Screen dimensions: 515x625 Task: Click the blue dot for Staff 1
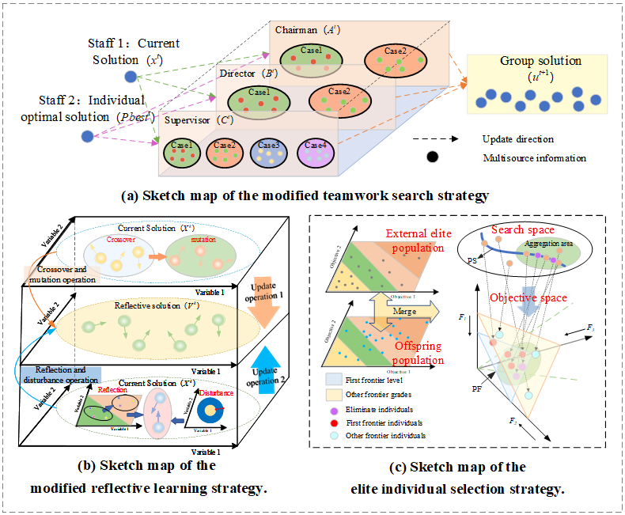(x=131, y=76)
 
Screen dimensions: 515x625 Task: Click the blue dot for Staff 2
(x=87, y=137)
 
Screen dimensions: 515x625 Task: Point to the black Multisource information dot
(x=432, y=157)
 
